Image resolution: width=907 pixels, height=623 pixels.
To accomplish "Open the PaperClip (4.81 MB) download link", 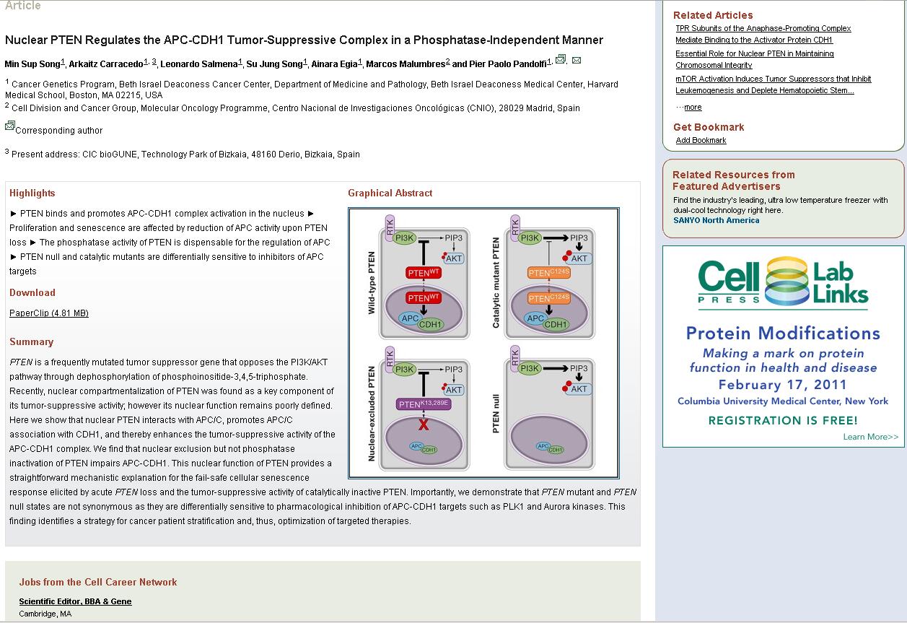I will (x=49, y=313).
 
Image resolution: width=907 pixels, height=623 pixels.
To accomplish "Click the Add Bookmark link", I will (x=701, y=140).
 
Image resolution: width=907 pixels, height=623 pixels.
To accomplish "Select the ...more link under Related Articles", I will (x=692, y=107).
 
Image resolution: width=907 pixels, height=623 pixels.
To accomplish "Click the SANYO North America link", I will (x=716, y=220).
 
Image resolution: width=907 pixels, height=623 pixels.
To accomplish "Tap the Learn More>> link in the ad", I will (x=870, y=437).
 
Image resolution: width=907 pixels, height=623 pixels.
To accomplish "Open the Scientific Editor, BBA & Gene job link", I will (x=75, y=601).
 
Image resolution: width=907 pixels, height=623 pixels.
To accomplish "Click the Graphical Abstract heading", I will (x=390, y=193).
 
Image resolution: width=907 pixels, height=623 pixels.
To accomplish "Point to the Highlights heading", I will (x=32, y=193).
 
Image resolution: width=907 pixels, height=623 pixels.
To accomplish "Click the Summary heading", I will (x=31, y=341).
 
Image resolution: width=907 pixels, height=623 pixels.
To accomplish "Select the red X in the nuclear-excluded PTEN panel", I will (x=424, y=424).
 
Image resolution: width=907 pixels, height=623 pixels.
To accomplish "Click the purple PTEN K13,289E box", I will (x=424, y=404).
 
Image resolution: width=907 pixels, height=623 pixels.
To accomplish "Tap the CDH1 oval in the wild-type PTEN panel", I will (x=431, y=324).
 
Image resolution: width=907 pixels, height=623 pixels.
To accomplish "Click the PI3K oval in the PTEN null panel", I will (x=530, y=369).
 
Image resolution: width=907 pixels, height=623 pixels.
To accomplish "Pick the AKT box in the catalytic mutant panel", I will (x=579, y=258).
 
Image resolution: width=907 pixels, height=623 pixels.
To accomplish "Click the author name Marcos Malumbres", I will (x=406, y=64).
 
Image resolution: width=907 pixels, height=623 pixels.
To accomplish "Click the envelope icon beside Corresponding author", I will (x=10, y=126).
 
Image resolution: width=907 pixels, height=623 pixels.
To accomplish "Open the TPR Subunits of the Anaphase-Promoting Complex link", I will (x=763, y=28).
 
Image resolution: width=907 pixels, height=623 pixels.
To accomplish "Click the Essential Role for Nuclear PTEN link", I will (x=754, y=53).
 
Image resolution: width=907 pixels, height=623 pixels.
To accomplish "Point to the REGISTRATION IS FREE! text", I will (x=783, y=420).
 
